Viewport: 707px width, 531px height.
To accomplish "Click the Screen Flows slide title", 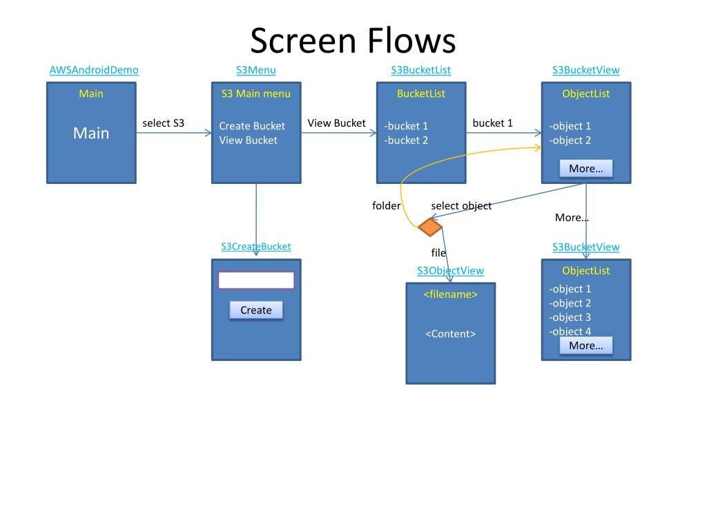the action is pos(353,41).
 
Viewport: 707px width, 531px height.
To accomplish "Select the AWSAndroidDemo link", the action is pos(94,70).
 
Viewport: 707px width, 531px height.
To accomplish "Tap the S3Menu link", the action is pos(255,70).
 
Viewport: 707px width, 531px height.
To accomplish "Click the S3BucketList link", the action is pos(420,70).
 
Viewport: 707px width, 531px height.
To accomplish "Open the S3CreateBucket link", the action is pos(255,247).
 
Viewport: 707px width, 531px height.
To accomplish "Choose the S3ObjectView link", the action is pos(450,270).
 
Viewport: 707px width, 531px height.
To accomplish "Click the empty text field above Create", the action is pos(256,280).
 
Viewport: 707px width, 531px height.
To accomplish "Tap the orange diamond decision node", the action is pos(430,227).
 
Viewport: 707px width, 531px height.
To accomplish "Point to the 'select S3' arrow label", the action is pos(163,123).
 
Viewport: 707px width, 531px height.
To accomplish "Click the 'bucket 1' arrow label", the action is pos(492,123).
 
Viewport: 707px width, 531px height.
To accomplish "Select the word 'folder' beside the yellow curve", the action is pos(387,206).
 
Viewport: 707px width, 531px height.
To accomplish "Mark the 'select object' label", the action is pos(461,206).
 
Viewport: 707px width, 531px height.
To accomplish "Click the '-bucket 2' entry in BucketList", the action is pos(406,140).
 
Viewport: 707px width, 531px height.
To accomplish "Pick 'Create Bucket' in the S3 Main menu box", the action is pos(252,126).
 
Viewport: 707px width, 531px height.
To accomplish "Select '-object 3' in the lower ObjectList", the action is pos(570,317).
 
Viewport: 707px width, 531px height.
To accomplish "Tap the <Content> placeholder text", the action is pos(450,334).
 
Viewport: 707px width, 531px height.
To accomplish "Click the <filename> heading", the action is pos(450,295).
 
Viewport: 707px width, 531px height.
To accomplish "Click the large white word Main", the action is pos(91,133).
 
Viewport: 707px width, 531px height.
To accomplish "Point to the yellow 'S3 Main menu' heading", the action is pos(255,93).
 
